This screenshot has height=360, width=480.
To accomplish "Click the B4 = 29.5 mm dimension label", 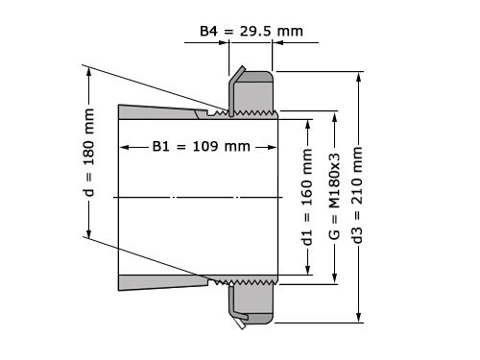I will click(251, 31).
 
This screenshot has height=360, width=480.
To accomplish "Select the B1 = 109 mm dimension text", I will click(201, 147).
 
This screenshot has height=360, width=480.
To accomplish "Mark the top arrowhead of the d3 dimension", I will click(358, 74).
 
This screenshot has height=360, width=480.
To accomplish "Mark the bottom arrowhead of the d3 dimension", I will click(358, 320).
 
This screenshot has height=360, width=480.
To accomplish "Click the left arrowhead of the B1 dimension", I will click(123, 147).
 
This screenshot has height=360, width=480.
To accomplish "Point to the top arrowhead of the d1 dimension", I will click(307, 123).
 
